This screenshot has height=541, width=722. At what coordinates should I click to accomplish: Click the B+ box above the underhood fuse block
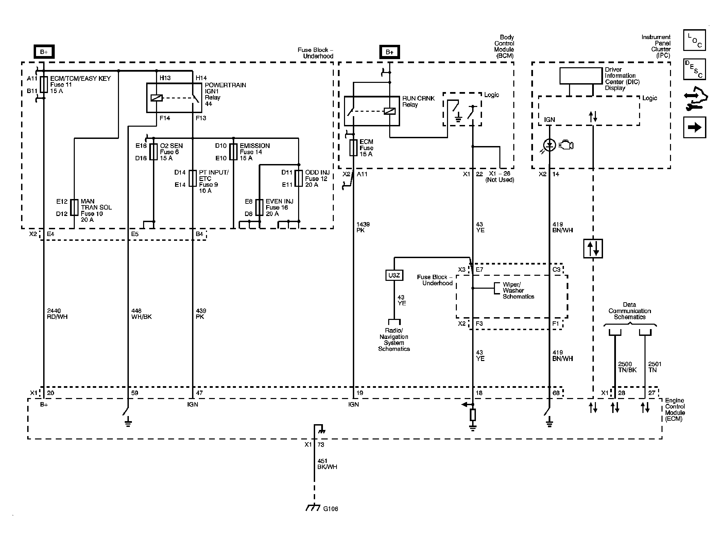[x=44, y=52]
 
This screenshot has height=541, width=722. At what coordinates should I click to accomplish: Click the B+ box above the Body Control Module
[x=390, y=52]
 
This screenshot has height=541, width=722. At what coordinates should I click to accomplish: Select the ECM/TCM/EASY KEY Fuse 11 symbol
[x=44, y=85]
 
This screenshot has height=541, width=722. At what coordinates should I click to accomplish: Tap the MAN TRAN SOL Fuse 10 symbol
[x=74, y=208]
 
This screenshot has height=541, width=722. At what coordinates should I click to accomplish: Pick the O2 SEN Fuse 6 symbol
[x=154, y=152]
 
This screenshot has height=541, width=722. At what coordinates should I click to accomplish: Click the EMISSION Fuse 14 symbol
[x=233, y=152]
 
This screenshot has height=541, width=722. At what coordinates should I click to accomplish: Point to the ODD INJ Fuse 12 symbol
[x=298, y=178]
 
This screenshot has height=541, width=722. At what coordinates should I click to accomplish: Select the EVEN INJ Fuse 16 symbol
[x=259, y=208]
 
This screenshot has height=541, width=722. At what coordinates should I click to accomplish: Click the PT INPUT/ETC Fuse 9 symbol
[x=193, y=178]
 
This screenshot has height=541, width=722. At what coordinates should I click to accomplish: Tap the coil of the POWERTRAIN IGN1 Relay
[x=157, y=98]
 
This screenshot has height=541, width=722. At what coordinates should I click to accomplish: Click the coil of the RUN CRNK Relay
[x=389, y=111]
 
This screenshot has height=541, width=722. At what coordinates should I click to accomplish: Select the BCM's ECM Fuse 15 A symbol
[x=354, y=148]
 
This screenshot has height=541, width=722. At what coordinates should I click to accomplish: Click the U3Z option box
[x=394, y=275]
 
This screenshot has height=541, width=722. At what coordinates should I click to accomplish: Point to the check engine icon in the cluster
[x=566, y=145]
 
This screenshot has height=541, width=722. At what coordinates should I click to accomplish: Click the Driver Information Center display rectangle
[x=581, y=76]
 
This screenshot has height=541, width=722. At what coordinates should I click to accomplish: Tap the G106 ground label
[x=330, y=519]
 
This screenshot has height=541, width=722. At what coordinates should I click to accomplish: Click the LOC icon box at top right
[x=694, y=40]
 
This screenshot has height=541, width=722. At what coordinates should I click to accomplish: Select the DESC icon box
[x=694, y=69]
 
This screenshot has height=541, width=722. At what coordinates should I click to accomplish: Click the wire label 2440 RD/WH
[x=57, y=314]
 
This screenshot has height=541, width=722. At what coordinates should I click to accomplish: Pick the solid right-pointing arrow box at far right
[x=694, y=127]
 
